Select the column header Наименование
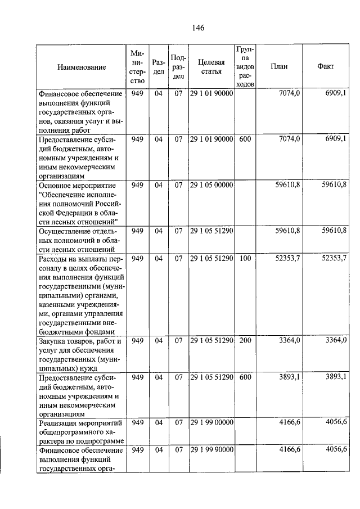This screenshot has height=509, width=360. click(82, 67)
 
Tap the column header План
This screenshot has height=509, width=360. click(278, 66)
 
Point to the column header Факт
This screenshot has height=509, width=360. click(325, 66)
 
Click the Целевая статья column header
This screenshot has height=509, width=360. click(211, 66)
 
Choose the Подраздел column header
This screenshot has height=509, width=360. click(178, 66)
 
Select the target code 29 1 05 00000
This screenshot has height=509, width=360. click(211, 184)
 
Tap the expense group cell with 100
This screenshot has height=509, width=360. click(245, 258)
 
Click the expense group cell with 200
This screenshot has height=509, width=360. click(245, 341)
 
